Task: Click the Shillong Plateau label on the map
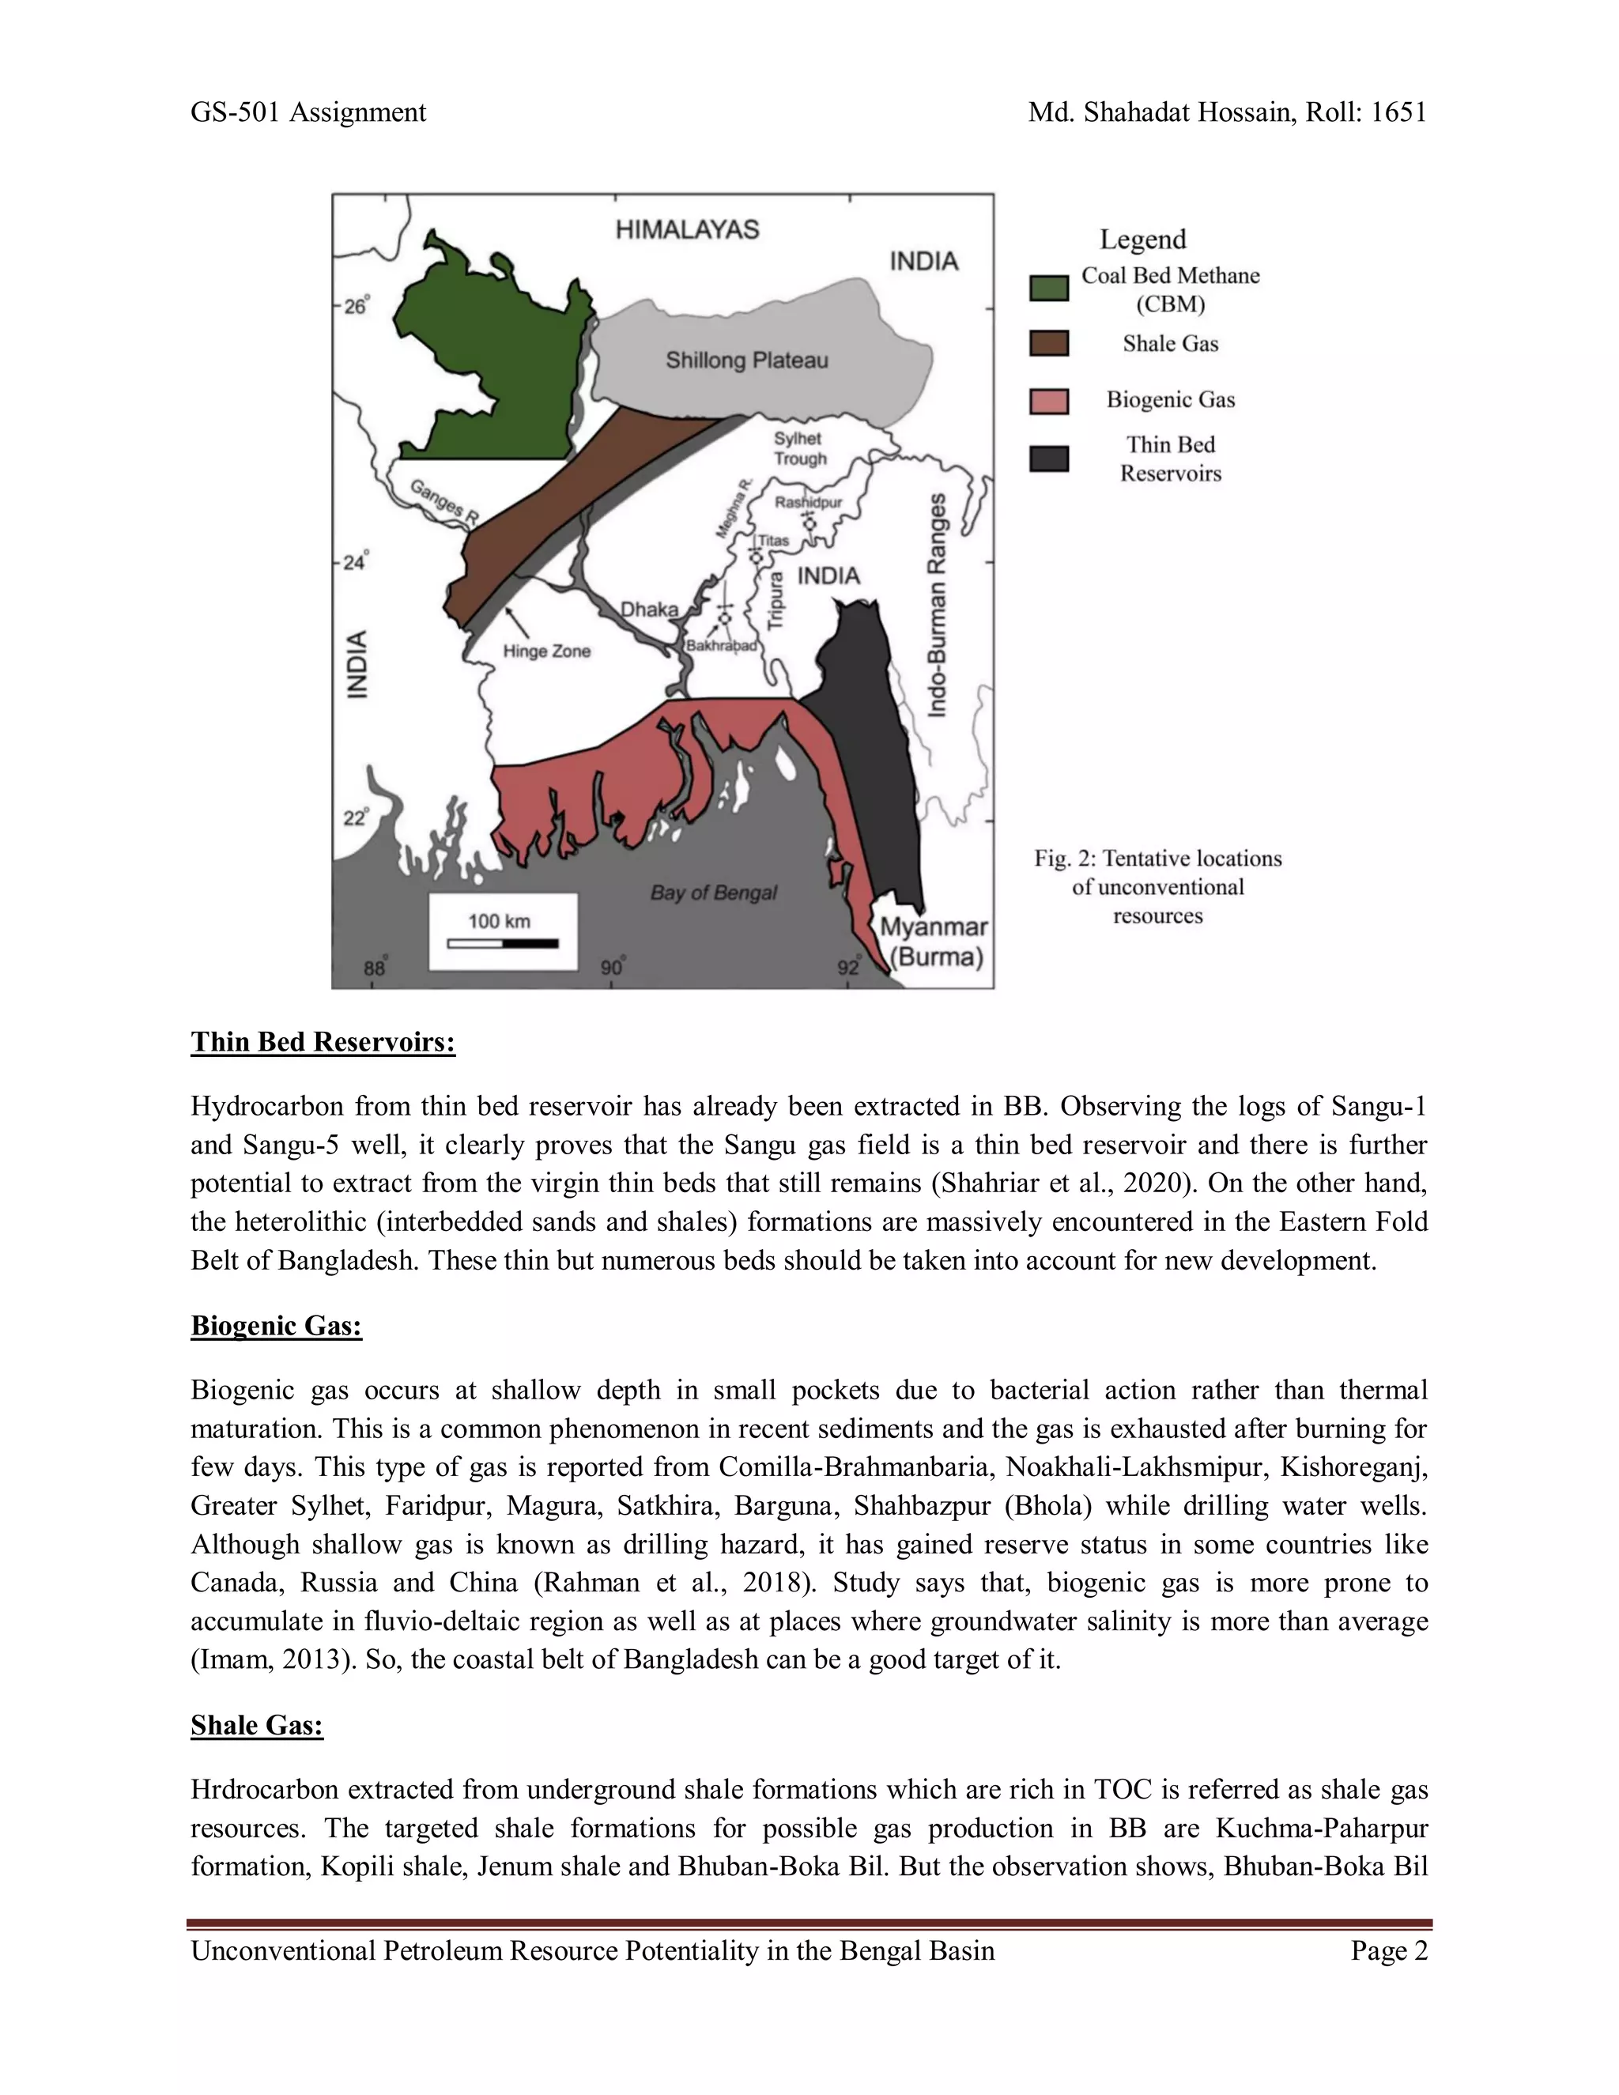[746, 360]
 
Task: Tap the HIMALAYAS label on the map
[687, 229]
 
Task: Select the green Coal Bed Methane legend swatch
[1048, 288]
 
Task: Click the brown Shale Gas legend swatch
[1048, 343]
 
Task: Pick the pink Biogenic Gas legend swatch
[1048, 401]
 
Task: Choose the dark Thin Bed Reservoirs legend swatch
[1048, 459]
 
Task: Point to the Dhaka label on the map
[649, 609]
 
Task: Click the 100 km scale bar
[503, 944]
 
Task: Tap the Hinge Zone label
[547, 651]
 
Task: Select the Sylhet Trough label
[799, 448]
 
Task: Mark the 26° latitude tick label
[356, 307]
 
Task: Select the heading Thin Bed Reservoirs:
[323, 1042]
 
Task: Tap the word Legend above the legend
[1142, 239]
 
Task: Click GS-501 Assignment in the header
[308, 112]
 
